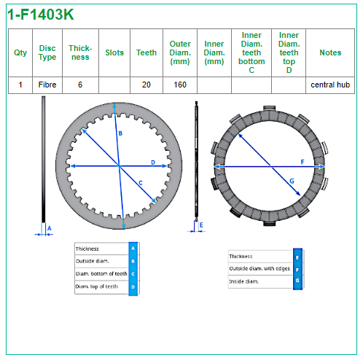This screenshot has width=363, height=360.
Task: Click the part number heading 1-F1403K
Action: coord(41,15)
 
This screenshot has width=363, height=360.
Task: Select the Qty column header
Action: coord(20,52)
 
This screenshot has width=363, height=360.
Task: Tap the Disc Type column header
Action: coord(47,52)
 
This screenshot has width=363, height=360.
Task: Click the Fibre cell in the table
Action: coord(47,85)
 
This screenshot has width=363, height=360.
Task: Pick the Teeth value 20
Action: coord(147,85)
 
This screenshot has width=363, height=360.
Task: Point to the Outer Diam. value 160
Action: coord(180,85)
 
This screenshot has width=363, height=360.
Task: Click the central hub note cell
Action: coord(330,85)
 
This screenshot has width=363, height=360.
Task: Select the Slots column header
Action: coord(114,52)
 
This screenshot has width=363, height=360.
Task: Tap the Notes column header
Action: coord(330,52)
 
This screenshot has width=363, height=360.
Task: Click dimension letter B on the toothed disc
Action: coord(120,133)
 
